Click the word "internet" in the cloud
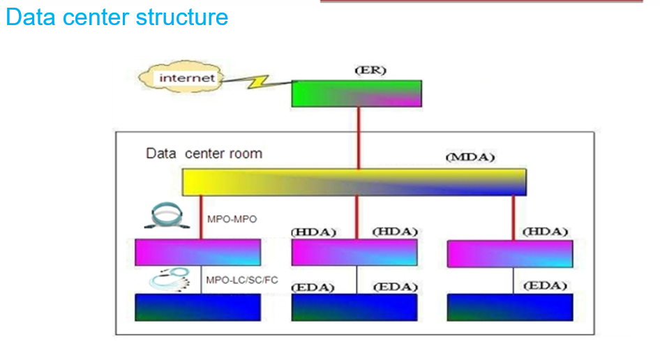[187, 78]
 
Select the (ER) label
[370, 70]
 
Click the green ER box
[357, 93]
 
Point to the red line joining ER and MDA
[359, 138]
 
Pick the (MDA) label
[470, 158]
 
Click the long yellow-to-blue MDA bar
[354, 182]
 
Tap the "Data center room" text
[204, 153]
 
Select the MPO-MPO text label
[232, 219]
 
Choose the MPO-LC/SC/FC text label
[241, 280]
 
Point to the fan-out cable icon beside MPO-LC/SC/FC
[170, 279]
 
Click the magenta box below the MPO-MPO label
[198, 253]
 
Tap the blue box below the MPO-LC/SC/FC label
[198, 308]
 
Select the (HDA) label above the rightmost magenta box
[545, 232]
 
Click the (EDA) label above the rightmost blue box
[545, 286]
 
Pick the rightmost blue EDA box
[510, 308]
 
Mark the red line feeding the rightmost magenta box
[513, 218]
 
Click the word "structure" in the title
[182, 17]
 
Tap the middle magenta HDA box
[354, 253]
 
